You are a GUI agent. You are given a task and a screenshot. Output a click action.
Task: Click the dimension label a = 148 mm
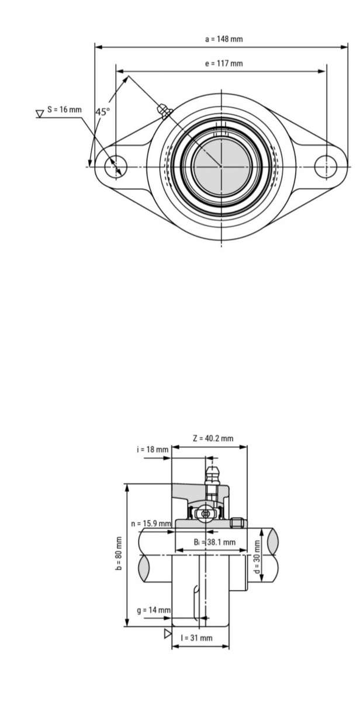223,39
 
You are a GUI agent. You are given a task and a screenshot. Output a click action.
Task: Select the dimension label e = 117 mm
223,64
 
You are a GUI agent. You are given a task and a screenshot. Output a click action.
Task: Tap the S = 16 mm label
64,110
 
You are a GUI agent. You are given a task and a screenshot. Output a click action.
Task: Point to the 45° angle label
102,112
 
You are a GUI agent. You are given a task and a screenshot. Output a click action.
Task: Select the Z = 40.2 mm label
213,438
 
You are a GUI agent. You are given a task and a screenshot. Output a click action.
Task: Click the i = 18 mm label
153,449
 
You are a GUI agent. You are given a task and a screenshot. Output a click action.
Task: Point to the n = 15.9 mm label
151,523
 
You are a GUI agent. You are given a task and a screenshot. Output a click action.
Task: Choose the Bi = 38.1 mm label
214,542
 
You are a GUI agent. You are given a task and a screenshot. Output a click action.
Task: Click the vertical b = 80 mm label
119,553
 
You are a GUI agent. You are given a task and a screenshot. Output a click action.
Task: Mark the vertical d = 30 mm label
257,556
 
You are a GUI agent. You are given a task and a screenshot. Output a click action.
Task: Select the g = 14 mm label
153,610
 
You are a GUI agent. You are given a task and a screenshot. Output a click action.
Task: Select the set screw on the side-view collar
237,522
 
